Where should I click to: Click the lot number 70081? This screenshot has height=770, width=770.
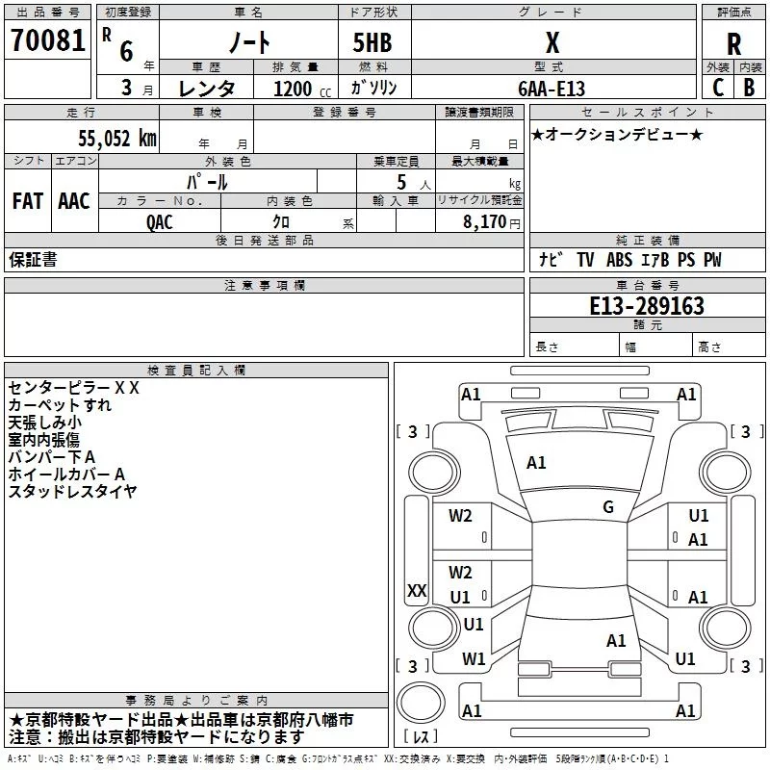click(x=47, y=40)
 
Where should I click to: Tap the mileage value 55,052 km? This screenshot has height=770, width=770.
click(x=117, y=138)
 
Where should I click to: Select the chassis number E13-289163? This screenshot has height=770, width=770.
click(x=647, y=305)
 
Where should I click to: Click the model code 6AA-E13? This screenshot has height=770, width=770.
click(x=552, y=89)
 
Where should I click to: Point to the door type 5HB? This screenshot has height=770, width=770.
click(x=372, y=42)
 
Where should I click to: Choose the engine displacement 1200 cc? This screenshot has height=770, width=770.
click(x=302, y=89)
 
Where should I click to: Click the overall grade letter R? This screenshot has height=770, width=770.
click(x=733, y=44)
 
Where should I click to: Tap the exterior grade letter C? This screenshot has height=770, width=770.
click(x=718, y=88)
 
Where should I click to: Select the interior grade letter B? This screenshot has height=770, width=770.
click(x=749, y=88)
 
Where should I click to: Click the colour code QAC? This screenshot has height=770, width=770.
click(x=160, y=222)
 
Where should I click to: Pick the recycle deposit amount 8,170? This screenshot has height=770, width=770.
click(x=484, y=221)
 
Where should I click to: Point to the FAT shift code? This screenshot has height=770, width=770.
click(x=28, y=201)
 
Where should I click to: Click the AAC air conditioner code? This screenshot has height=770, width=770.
click(x=74, y=201)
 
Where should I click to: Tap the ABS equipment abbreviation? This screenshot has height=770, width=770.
click(x=619, y=260)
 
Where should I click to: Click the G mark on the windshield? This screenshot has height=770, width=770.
click(x=608, y=507)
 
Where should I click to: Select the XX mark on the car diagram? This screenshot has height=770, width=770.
click(x=417, y=590)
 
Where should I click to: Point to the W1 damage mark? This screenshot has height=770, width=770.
click(x=474, y=659)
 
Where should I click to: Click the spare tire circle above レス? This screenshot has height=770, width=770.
click(x=421, y=702)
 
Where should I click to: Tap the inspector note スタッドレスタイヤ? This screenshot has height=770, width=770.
click(x=73, y=492)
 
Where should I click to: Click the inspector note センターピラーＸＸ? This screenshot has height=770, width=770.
click(x=74, y=388)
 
